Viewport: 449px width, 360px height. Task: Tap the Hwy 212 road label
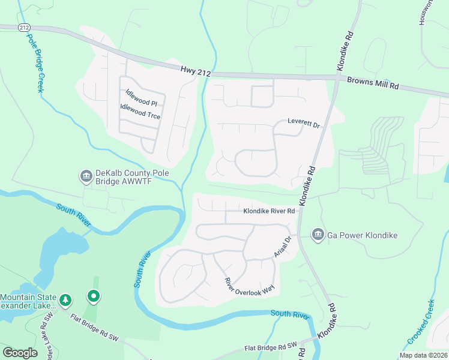pos(196,71)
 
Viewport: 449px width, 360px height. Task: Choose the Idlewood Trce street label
pos(140,111)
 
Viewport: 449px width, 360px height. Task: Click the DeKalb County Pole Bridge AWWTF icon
pos(85,176)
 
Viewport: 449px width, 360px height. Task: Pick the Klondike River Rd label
pos(270,211)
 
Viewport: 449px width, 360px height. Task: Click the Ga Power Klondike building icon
pos(318,235)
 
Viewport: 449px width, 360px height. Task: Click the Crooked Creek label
pos(421,323)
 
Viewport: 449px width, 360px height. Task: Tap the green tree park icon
pos(66,299)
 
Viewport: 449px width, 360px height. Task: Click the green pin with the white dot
pos(93,296)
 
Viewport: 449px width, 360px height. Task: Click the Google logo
pos(20,353)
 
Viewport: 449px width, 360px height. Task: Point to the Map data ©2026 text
pos(423,355)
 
